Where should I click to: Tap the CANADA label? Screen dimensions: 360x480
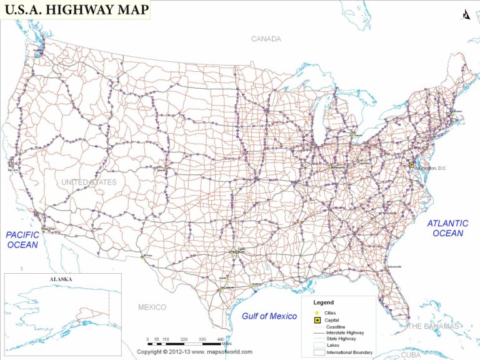266,39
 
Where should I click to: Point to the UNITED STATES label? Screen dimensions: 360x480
89,182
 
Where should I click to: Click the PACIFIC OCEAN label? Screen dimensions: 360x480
22,239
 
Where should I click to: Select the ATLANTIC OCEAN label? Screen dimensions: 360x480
448,228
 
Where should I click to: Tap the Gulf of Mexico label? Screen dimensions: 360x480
269,316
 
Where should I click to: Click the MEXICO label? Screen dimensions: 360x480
152,307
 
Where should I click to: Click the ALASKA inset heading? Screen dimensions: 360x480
60,279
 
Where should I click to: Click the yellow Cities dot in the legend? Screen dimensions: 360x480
317,312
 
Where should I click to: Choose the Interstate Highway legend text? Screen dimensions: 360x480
345,333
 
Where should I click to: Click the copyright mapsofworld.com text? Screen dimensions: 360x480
195,352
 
